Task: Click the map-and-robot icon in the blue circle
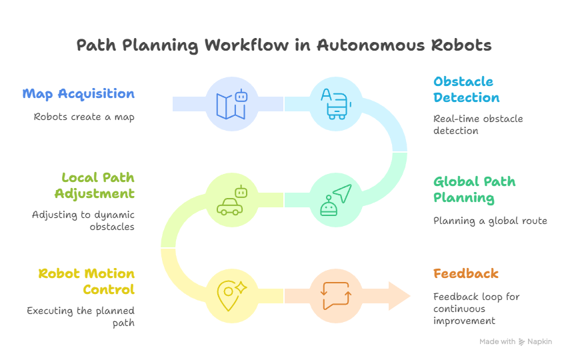tap(231, 104)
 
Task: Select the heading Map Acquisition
tap(79, 93)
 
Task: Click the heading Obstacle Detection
tap(466, 89)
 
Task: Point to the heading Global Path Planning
tap(474, 189)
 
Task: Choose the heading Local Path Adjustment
tap(97, 185)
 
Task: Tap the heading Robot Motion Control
tap(86, 281)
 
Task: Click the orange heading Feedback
tap(465, 273)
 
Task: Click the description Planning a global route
tap(489, 221)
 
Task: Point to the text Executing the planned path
tap(80, 316)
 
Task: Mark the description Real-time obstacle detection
tap(477, 125)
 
